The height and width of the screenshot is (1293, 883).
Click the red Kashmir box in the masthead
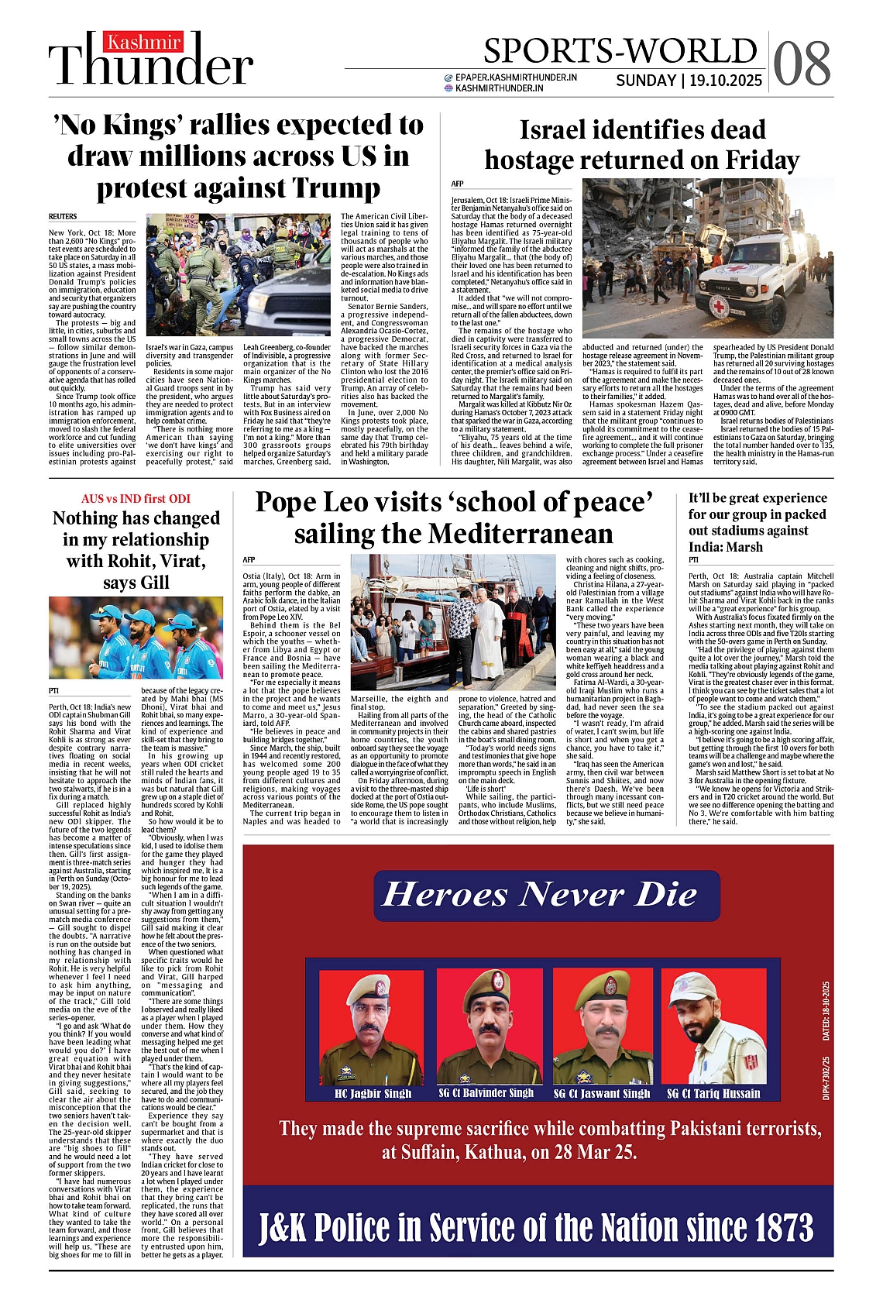(x=144, y=42)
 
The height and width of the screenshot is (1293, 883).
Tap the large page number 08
(x=802, y=64)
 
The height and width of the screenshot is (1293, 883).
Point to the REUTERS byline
(x=63, y=216)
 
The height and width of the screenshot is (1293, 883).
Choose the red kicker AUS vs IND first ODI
(x=136, y=499)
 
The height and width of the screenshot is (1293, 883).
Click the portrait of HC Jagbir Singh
(x=373, y=1026)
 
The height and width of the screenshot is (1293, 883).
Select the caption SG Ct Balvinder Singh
(x=486, y=1093)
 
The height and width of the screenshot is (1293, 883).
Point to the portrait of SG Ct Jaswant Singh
(x=602, y=1026)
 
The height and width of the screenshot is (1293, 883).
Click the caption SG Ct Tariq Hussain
(x=713, y=1094)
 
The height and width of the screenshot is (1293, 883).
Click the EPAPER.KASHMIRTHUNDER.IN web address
(x=516, y=77)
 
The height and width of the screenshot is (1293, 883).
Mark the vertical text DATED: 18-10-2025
(x=826, y=1011)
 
